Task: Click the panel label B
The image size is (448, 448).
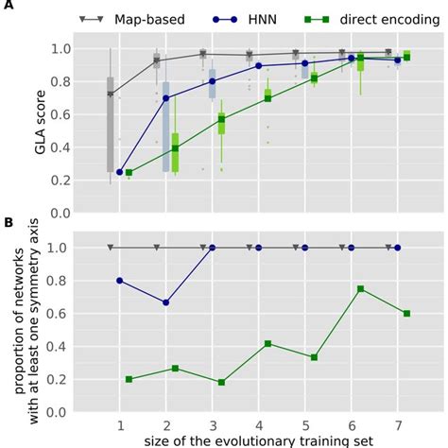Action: click(8, 224)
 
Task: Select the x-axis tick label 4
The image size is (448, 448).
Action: click(258, 422)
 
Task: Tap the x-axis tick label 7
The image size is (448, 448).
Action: click(397, 422)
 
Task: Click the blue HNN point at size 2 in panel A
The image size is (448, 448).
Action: click(166, 98)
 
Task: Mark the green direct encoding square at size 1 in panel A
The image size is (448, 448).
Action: click(129, 173)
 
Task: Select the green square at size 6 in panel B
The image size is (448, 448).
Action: click(361, 289)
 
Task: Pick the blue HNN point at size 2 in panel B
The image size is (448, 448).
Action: click(166, 302)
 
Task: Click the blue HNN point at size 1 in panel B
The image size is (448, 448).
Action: click(120, 281)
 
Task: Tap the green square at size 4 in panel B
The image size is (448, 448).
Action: click(268, 344)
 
